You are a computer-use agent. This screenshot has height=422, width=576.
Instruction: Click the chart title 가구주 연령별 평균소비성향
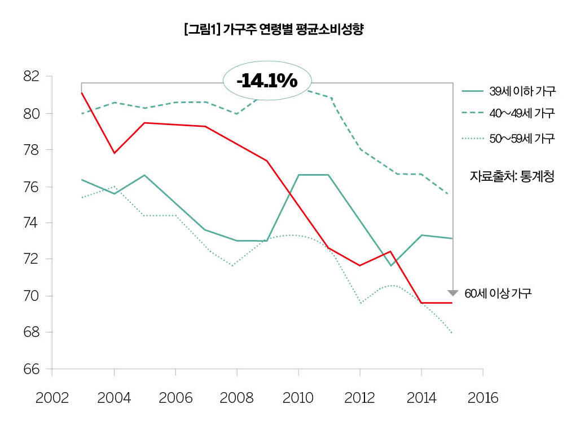click(x=273, y=30)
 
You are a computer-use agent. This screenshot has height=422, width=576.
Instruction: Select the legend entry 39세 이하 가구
click(x=522, y=91)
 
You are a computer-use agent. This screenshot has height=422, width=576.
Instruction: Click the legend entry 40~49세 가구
click(x=522, y=114)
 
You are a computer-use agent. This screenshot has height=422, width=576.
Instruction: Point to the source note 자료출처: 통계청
click(x=512, y=176)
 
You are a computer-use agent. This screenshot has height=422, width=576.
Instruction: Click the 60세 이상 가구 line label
click(x=498, y=294)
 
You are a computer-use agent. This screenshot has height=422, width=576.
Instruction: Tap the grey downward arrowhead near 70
click(x=452, y=292)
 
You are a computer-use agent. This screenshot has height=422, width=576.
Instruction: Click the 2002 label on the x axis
click(x=52, y=398)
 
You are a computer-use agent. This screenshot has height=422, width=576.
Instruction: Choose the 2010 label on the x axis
click(x=298, y=398)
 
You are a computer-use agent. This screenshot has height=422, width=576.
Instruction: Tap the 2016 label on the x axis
click(x=483, y=398)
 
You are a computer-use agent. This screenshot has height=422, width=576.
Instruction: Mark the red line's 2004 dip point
click(x=115, y=153)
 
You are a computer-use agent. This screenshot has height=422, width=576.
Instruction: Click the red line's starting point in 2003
click(x=82, y=92)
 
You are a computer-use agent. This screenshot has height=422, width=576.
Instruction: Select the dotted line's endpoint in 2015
click(x=452, y=332)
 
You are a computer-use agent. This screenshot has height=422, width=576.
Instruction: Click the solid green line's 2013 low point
click(x=390, y=265)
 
